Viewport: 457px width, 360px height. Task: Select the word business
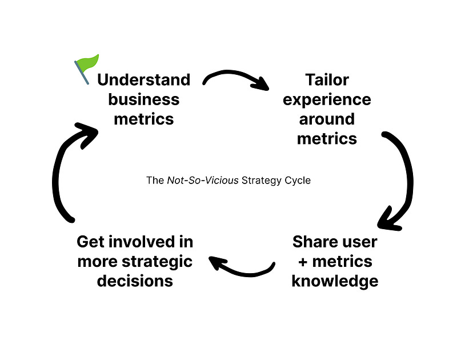coord(143,99)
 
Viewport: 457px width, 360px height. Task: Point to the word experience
coord(327,99)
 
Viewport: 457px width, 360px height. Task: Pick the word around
coord(327,119)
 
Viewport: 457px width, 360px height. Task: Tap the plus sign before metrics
coord(299,262)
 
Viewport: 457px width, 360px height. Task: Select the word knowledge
coord(335,281)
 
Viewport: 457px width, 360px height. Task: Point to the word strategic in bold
coord(157,261)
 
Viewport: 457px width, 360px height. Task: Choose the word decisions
coord(135,281)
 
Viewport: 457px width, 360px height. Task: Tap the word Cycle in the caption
coord(299,181)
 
